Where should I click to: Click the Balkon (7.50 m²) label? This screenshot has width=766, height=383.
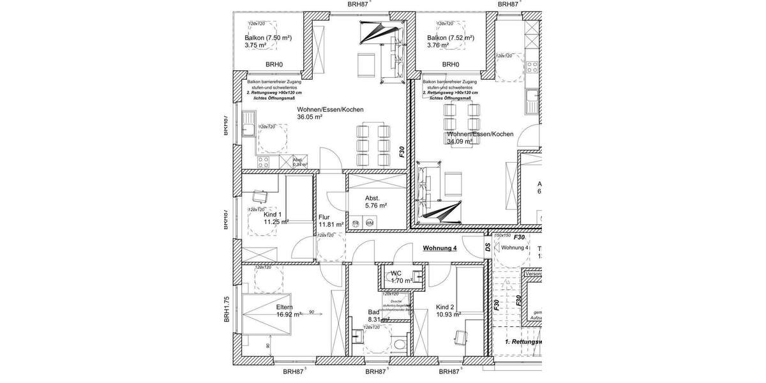267,38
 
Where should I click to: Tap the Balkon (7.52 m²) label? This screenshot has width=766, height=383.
450,38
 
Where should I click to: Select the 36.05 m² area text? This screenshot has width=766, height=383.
310,117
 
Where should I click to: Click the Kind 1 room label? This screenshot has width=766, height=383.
273,214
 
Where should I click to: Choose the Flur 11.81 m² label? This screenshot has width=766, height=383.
330,221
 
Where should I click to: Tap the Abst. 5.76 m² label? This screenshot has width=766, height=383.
376,202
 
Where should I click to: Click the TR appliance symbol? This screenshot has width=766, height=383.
356,223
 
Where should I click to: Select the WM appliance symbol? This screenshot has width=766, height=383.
369,223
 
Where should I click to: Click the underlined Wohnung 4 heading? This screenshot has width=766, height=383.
440,248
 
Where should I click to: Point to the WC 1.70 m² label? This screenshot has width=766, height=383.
401,277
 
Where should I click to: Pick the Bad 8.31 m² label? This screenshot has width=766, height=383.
378,316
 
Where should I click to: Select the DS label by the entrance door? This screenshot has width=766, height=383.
487,246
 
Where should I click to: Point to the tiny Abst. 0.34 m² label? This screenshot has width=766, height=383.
299,162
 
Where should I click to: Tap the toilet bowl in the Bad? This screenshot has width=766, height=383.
400,344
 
